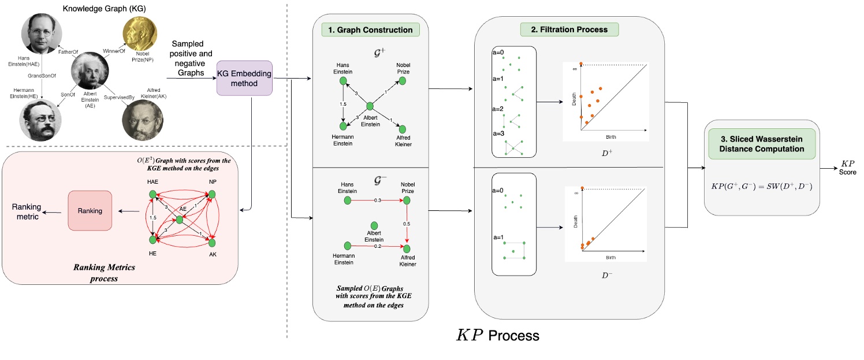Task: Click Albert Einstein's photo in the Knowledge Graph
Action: [x=90, y=71]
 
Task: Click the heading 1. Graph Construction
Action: [x=370, y=29]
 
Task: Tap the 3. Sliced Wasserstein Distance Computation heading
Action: [x=762, y=143]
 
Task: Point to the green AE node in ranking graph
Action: [x=180, y=219]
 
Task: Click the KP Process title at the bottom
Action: [x=497, y=335]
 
